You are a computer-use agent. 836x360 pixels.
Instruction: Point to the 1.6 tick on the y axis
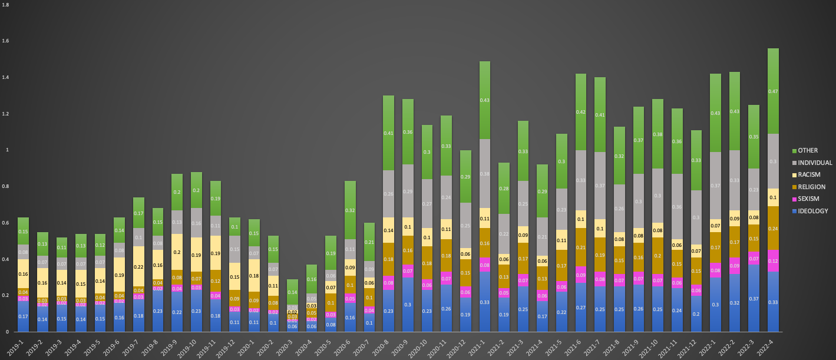pos(6,41)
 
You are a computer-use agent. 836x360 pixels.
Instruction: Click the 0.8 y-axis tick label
pos(6,187)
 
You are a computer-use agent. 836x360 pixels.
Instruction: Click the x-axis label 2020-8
pos(385,343)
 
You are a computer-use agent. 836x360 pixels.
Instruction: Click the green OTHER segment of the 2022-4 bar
pos(781,91)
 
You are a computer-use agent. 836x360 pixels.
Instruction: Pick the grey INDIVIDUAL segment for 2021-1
pos(484,174)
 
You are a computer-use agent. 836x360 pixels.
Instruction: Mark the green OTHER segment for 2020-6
pos(350,210)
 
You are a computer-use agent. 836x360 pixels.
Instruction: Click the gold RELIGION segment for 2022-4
pos(781,228)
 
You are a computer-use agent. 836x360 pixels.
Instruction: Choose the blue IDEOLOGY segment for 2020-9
pos(408,305)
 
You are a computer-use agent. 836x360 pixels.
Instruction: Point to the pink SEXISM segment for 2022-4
pos(781,260)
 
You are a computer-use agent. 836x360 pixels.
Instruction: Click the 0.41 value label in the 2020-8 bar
pos(388,133)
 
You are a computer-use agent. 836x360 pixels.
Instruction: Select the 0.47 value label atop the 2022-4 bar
pos(781,91)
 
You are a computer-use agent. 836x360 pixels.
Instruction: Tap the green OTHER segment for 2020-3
pos(292,292)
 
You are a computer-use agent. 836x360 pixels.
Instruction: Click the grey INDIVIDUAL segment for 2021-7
pos(600,186)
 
